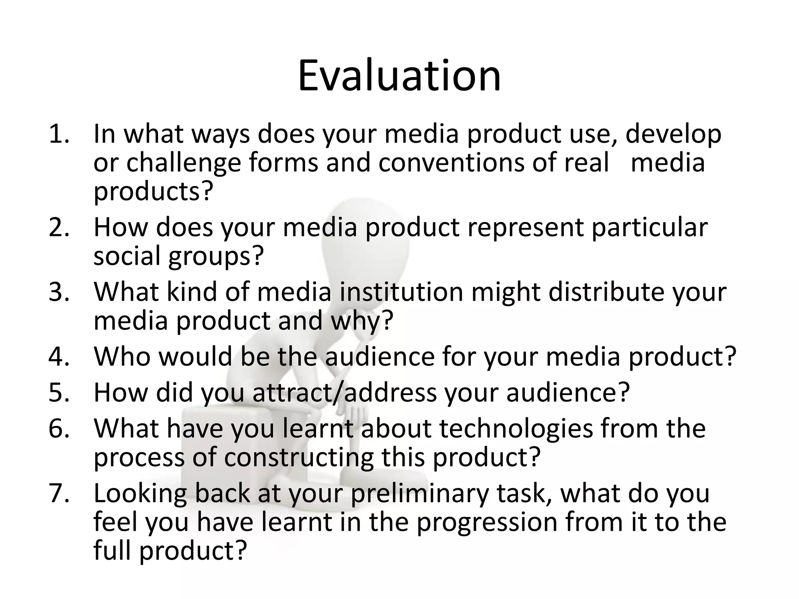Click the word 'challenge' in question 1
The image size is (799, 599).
183,163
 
